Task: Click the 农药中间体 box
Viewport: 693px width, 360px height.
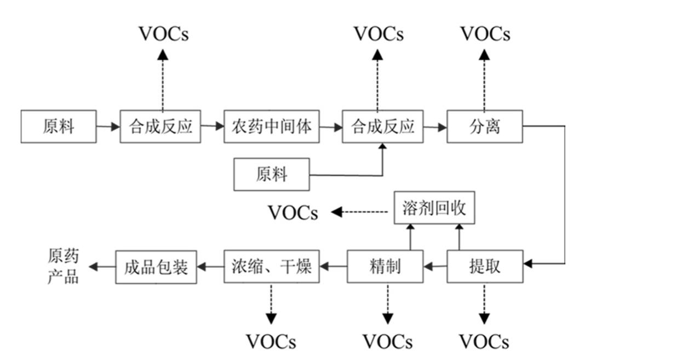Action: (x=272, y=127)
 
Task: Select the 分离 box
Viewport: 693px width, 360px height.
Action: (x=484, y=127)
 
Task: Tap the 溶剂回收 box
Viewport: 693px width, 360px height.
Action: (x=434, y=208)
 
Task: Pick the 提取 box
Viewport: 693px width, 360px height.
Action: (x=484, y=266)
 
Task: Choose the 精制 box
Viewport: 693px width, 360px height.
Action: (x=385, y=266)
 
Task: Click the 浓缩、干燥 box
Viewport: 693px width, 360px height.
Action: (x=271, y=266)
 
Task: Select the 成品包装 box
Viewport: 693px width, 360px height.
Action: (x=156, y=267)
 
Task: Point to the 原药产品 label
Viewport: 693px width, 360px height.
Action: (x=64, y=266)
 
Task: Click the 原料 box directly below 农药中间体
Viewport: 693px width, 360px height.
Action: (x=271, y=174)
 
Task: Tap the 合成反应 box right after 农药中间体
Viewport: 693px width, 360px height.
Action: (x=382, y=127)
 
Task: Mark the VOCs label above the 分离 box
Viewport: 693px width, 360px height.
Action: (x=485, y=34)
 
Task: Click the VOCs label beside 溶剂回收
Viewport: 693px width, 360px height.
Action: (x=293, y=212)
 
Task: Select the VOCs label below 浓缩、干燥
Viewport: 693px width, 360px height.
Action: (x=271, y=341)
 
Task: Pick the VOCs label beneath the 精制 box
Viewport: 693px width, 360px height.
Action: (x=387, y=341)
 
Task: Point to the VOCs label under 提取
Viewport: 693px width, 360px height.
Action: (x=484, y=341)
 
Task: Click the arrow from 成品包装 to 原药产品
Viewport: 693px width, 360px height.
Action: (x=102, y=267)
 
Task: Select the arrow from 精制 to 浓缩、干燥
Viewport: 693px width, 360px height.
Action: (x=333, y=267)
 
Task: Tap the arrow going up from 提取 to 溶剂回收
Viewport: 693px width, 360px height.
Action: (x=459, y=237)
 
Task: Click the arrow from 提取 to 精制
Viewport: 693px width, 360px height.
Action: (x=436, y=267)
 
